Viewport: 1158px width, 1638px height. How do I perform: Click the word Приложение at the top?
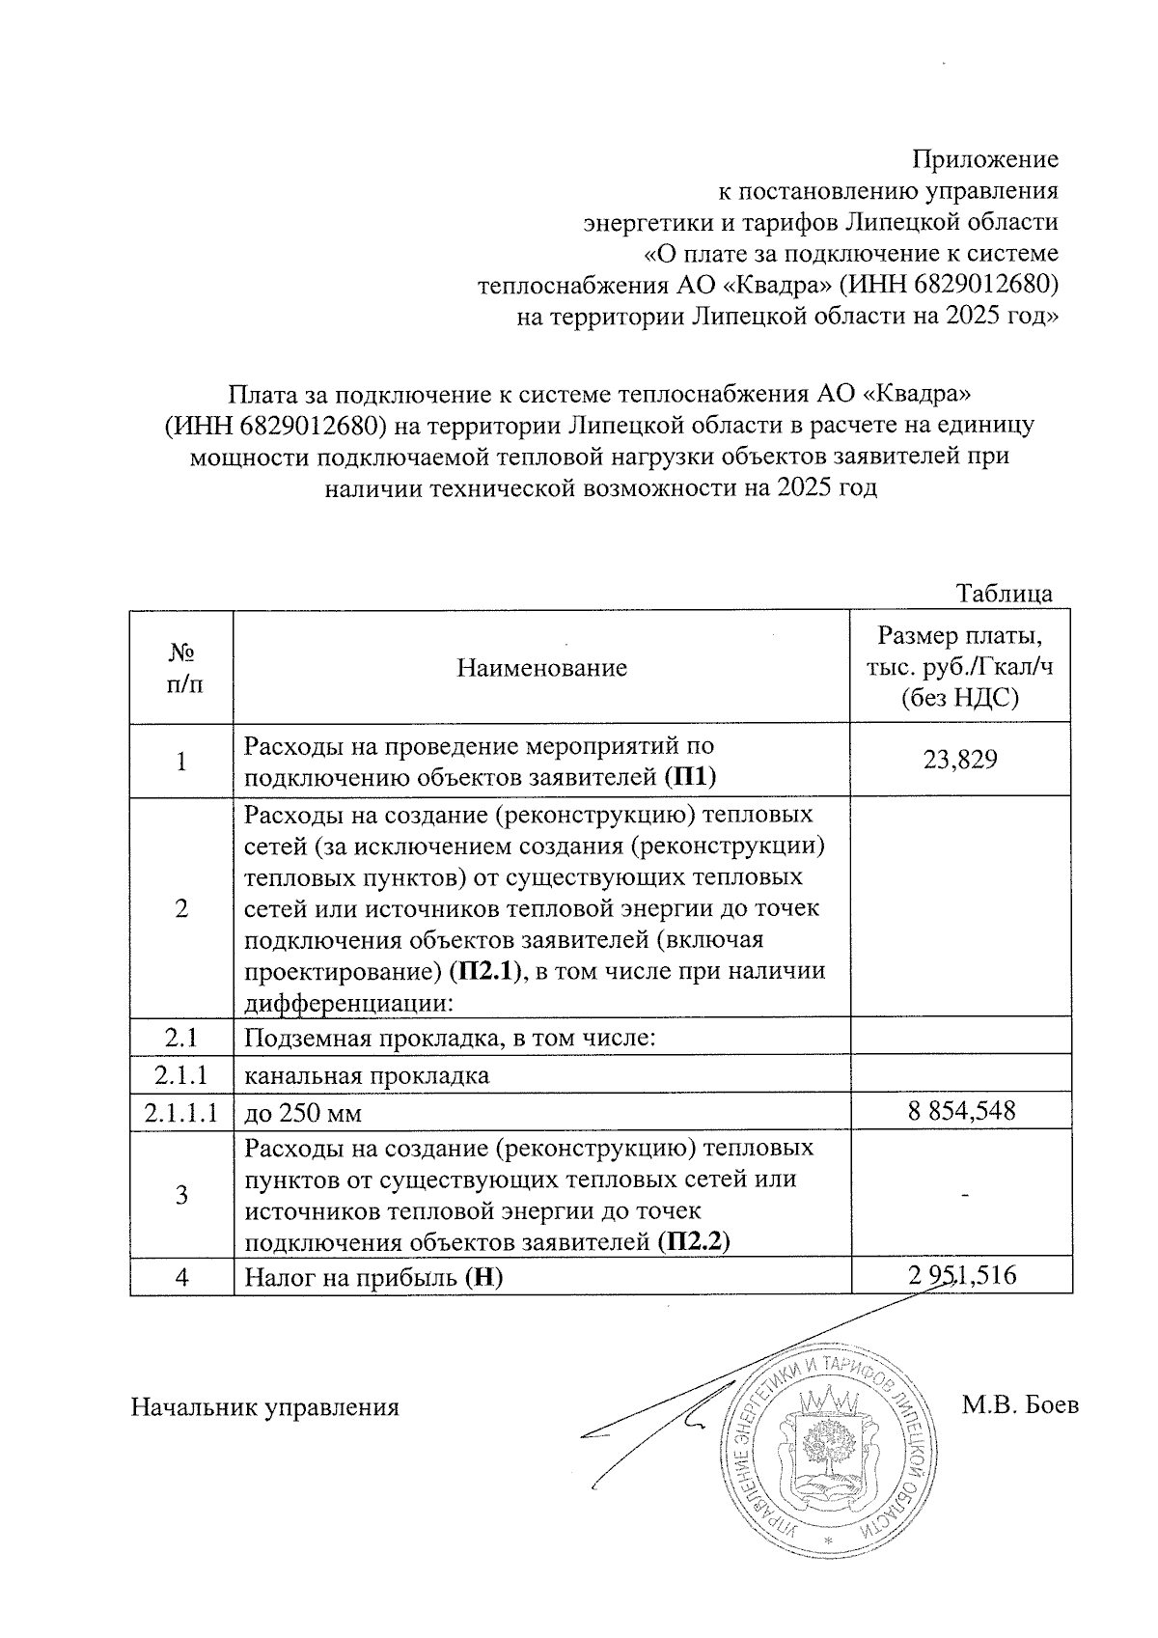[985, 158]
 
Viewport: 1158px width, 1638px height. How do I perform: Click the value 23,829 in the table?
[960, 761]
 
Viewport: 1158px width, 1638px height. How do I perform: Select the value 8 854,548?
[961, 1111]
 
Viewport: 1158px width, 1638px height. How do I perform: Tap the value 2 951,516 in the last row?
[961, 1276]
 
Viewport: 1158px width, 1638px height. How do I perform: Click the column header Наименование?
[541, 667]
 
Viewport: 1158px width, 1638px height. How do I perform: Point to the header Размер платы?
[960, 637]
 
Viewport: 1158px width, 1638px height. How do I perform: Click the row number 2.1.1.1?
[181, 1113]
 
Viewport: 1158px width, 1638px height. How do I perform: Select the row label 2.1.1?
[181, 1073]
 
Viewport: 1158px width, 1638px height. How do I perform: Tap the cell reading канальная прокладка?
[367, 1074]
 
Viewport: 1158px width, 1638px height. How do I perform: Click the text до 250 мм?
[303, 1113]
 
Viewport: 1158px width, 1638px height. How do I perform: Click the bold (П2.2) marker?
[693, 1242]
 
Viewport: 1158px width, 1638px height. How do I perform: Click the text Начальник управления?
[264, 1407]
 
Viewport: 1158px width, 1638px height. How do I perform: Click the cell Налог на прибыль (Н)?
[374, 1277]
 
